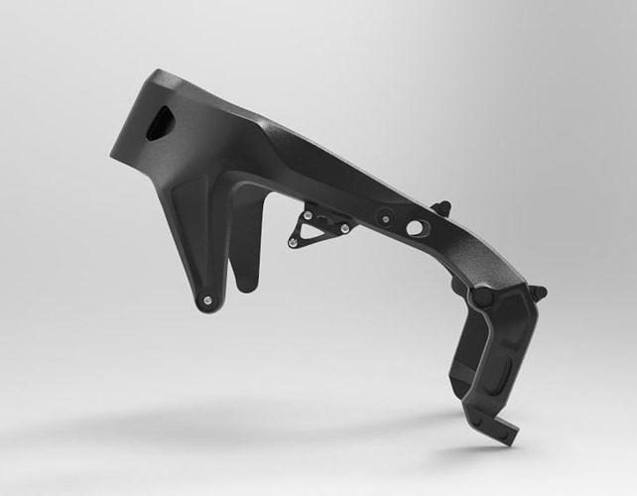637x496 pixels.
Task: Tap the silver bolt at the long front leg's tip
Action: click(x=205, y=300)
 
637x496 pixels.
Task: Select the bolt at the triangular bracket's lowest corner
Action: click(x=293, y=242)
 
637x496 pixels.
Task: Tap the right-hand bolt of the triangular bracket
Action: click(x=344, y=229)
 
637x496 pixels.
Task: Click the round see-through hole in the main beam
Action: click(x=414, y=228)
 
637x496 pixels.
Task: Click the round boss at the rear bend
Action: click(x=482, y=297)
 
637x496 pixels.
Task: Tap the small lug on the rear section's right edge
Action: click(x=538, y=293)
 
